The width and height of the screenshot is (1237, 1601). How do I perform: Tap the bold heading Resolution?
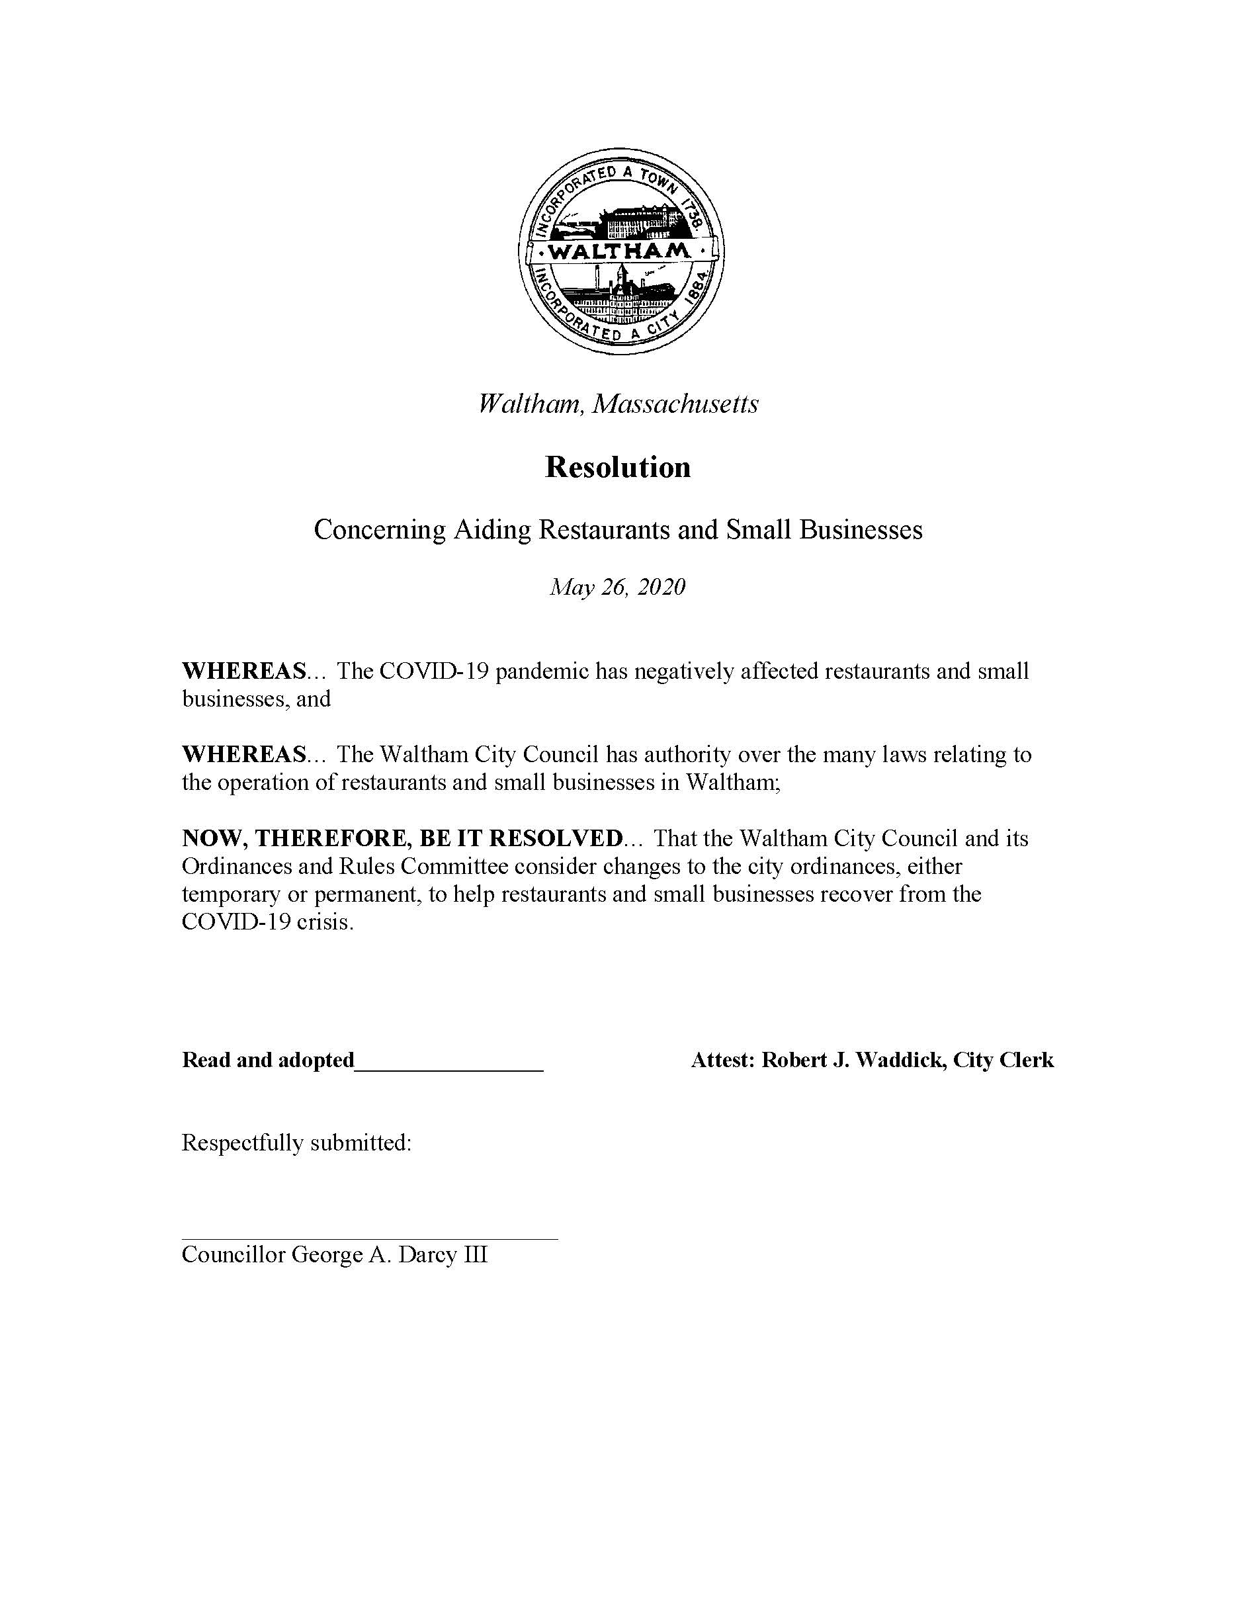pos(618,468)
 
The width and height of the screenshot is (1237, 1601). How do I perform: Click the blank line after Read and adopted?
pos(448,1060)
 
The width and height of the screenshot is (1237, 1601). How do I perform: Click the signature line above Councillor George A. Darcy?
pos(369,1238)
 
